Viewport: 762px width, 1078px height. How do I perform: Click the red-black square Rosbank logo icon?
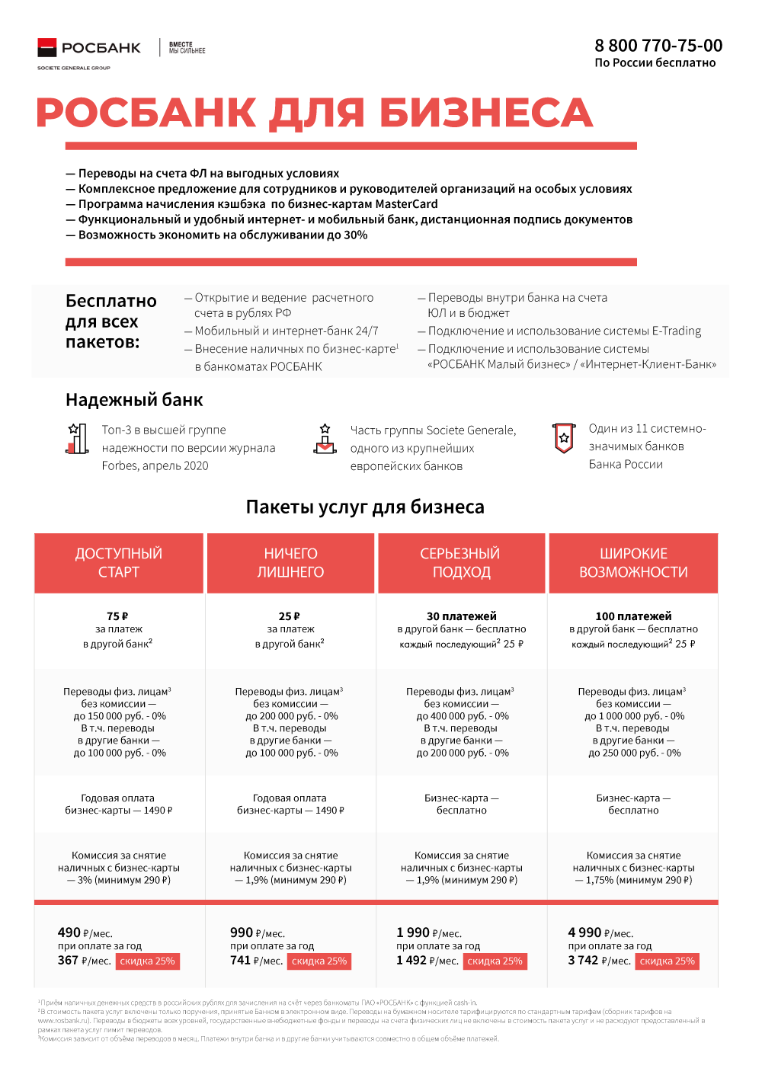pos(47,47)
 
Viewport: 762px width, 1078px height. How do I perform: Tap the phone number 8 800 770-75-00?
pos(658,46)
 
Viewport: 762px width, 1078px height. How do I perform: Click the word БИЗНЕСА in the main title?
pos(486,113)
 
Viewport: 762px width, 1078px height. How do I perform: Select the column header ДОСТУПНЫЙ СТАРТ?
pos(119,563)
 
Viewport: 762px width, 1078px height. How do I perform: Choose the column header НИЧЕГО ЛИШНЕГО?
pos(290,563)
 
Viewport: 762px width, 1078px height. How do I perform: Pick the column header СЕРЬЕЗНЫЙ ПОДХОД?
pos(462,563)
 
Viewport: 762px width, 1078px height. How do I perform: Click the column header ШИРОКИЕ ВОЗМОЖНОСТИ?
pos(633,563)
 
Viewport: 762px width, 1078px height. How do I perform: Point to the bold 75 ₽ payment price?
pos(117,616)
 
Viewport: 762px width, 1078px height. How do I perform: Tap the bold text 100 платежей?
pos(633,616)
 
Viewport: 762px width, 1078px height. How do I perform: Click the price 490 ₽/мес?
pos(85,932)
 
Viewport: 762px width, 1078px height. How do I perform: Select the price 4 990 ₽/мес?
pos(601,932)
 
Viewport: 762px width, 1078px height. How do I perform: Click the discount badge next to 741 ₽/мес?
pos(319,961)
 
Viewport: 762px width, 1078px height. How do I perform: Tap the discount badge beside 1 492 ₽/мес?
pos(495,961)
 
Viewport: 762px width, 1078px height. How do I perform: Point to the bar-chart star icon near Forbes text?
pos(77,440)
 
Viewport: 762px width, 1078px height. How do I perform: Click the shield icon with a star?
pos(564,438)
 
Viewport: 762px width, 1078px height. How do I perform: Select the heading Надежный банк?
pos(134,400)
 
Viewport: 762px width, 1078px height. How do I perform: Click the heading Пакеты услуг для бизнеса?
pos(365,507)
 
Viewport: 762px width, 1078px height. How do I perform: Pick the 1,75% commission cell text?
pos(633,880)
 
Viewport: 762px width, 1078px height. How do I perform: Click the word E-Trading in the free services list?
pos(677,331)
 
